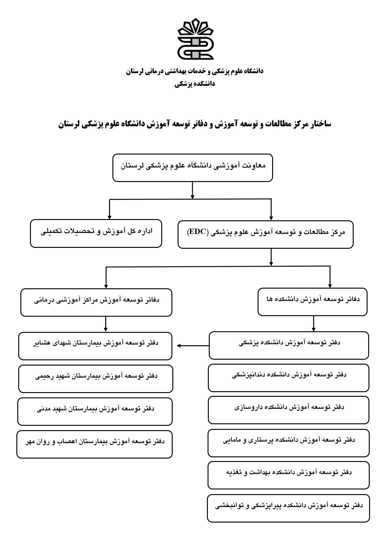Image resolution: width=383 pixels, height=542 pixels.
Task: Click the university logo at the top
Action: coord(195,39)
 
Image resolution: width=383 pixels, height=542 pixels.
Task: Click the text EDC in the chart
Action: coord(198,232)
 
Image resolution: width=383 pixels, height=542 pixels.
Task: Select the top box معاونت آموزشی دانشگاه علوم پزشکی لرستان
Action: coord(192,167)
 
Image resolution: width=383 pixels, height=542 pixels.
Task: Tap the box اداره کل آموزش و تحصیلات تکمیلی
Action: coord(96,233)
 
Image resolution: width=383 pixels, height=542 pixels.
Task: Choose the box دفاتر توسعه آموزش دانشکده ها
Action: coord(312,302)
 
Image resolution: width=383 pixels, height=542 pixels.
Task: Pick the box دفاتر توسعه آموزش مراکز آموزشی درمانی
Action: coord(96,302)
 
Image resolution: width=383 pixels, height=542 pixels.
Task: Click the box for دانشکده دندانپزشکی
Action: coord(288,378)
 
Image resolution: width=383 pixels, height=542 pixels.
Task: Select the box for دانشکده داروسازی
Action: coord(288,410)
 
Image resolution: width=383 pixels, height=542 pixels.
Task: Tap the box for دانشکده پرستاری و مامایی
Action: coord(288,442)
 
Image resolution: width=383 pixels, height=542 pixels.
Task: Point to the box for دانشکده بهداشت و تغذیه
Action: coord(288,475)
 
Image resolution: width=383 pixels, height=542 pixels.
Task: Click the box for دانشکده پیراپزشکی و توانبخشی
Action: coord(288,508)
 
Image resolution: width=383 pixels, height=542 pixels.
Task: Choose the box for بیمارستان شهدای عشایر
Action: coord(95,346)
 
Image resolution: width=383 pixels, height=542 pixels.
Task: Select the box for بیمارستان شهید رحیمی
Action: coord(95,379)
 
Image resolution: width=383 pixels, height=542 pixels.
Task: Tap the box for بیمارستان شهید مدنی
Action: coord(95,411)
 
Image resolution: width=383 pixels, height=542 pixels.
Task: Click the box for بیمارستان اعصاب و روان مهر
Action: coord(95,444)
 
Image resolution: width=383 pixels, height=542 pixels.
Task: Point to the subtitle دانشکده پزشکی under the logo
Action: coord(195,84)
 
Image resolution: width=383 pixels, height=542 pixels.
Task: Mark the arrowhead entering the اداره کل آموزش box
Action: coord(109,217)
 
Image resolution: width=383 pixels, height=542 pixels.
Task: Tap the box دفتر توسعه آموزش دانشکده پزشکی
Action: coord(289,345)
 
